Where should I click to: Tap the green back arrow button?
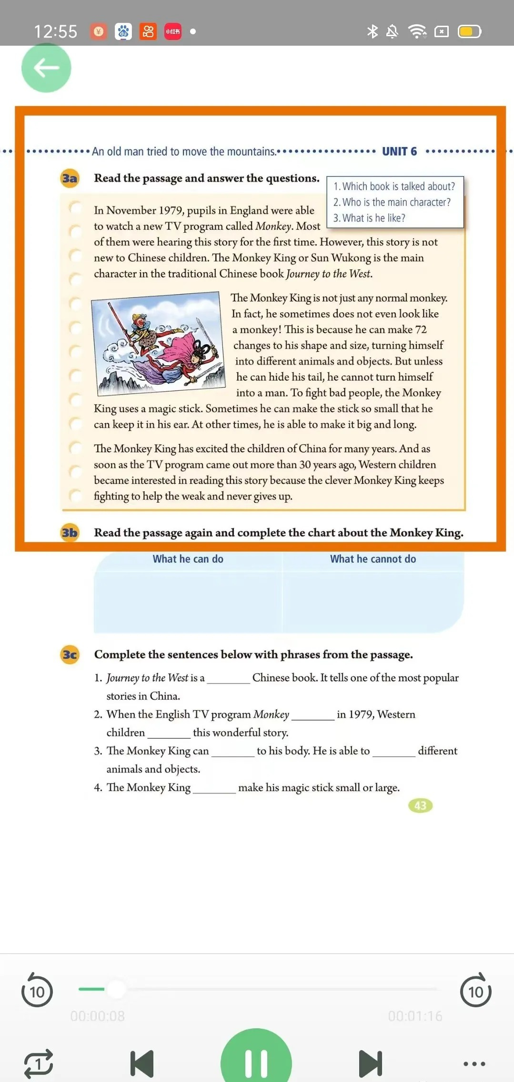pyautogui.click(x=46, y=68)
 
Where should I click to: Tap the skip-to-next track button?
pyautogui.click(x=370, y=1063)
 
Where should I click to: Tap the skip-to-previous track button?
pyautogui.click(x=142, y=1063)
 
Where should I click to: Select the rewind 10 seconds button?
pyautogui.click(x=37, y=991)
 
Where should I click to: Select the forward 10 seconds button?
pyautogui.click(x=475, y=991)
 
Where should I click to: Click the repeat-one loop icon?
pyautogui.click(x=39, y=1063)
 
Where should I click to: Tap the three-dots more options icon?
pyautogui.click(x=474, y=1063)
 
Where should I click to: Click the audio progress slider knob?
pyautogui.click(x=116, y=989)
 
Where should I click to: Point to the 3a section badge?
pyautogui.click(x=70, y=179)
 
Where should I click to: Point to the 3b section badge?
pyautogui.click(x=70, y=533)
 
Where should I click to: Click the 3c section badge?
pyautogui.click(x=70, y=655)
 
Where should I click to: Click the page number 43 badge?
pyautogui.click(x=420, y=805)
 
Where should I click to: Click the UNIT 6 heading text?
pyautogui.click(x=399, y=151)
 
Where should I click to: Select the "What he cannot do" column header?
pyautogui.click(x=373, y=559)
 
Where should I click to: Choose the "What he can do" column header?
pyautogui.click(x=188, y=559)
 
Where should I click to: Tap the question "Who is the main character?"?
pyautogui.click(x=392, y=202)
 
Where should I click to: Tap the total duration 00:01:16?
pyautogui.click(x=415, y=1016)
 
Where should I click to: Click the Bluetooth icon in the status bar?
pyautogui.click(x=372, y=31)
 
